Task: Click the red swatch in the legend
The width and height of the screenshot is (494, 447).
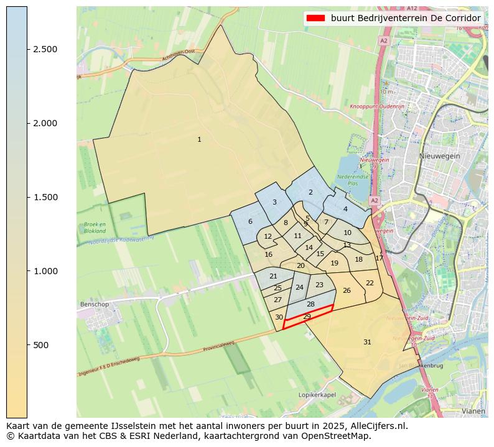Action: tap(316, 18)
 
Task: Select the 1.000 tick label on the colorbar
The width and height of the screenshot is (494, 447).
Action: tap(45, 271)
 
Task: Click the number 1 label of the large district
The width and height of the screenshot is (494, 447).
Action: tap(199, 139)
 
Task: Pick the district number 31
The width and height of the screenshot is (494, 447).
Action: tap(367, 342)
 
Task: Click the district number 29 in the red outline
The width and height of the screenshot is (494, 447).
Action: tap(307, 317)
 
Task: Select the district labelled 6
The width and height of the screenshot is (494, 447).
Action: tap(250, 221)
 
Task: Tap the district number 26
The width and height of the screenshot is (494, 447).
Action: tap(347, 290)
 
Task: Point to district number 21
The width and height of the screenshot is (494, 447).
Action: tap(273, 276)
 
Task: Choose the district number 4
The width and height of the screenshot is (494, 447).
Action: tap(345, 209)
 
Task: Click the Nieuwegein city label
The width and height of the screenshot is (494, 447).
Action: tap(439, 156)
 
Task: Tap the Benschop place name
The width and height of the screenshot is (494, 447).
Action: tap(95, 305)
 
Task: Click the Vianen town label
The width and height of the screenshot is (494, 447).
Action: tap(473, 411)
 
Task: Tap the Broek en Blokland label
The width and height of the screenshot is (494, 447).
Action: tap(95, 227)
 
